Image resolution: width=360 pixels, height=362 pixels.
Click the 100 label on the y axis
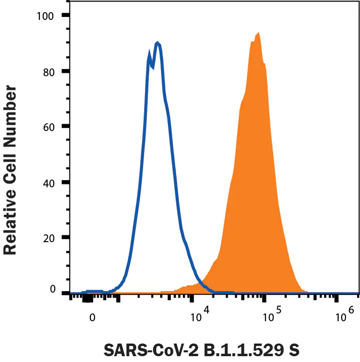(46, 16)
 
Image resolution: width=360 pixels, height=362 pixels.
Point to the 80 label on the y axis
(49, 71)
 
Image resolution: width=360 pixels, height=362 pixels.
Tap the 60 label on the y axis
(49, 127)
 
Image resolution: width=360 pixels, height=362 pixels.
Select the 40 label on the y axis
(49, 182)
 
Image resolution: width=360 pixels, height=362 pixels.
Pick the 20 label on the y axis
(49, 238)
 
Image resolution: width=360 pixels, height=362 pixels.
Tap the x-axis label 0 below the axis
(92, 319)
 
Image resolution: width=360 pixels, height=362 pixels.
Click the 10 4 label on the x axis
(199, 316)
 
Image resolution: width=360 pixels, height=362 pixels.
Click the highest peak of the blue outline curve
(157, 43)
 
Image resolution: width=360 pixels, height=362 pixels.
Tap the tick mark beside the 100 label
(65, 16)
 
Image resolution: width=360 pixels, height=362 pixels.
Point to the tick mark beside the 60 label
(65, 127)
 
